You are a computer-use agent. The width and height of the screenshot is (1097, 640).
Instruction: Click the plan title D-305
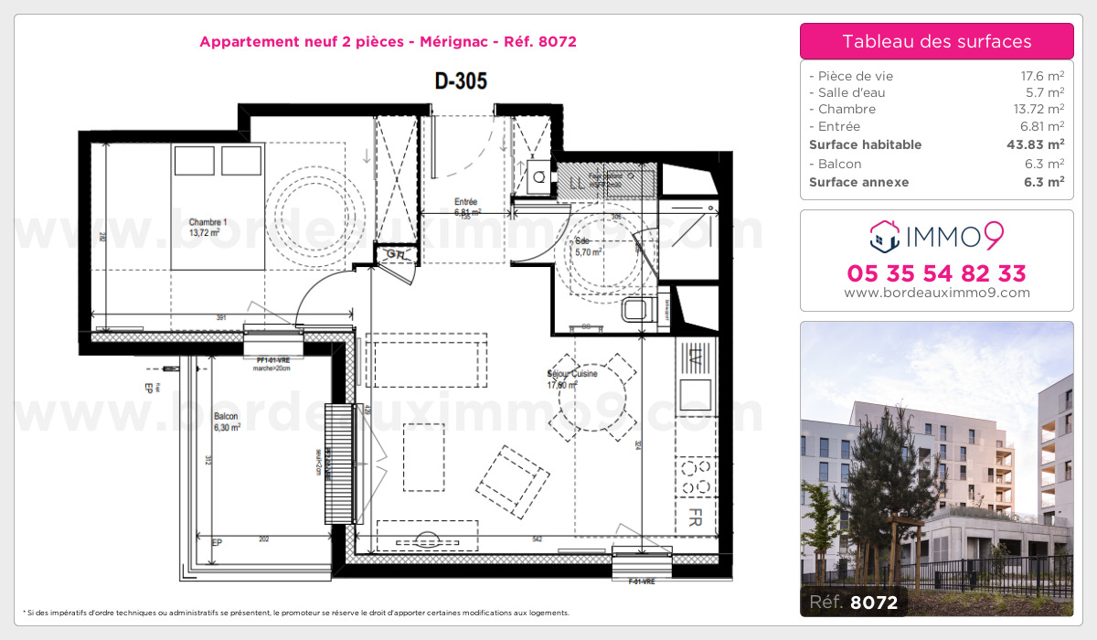tap(461, 81)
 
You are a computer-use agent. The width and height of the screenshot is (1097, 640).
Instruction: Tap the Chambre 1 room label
tap(208, 228)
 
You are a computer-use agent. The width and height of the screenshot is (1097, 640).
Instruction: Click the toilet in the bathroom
tap(636, 309)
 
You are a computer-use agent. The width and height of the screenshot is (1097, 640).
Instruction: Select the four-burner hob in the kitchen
tap(696, 475)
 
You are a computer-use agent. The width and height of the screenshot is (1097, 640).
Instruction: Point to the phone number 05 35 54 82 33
tap(937, 273)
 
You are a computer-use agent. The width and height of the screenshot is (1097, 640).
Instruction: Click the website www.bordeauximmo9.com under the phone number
tap(937, 293)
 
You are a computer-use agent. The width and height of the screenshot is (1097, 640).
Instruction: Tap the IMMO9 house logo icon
tap(883, 237)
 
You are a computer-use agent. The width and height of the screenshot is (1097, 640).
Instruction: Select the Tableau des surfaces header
tap(937, 41)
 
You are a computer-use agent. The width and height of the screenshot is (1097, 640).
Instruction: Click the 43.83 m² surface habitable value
tap(1036, 144)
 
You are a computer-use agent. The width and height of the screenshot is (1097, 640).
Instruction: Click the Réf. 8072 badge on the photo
tap(853, 603)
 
